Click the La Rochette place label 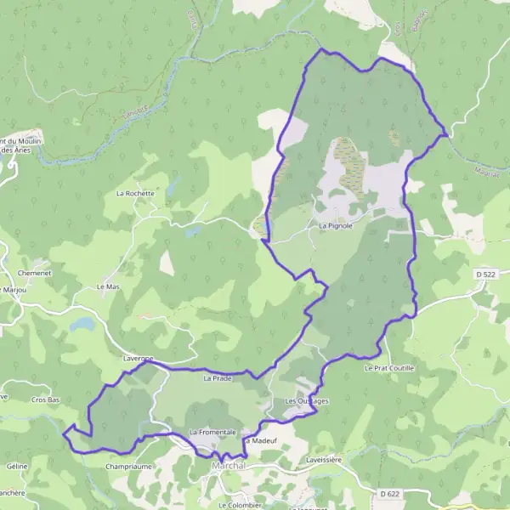click(135, 193)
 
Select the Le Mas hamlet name click(108, 287)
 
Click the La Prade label click(217, 378)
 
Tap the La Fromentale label click(212, 432)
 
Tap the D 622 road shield click(389, 493)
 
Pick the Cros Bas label click(45, 399)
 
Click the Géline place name click(17, 466)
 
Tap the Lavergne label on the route click(138, 359)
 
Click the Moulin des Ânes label click(20, 144)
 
